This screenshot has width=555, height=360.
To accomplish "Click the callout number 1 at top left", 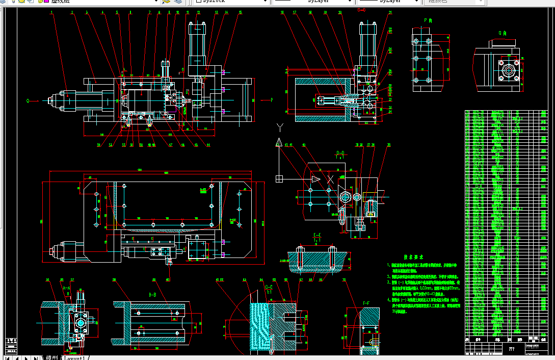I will pyautogui.click(x=52, y=12).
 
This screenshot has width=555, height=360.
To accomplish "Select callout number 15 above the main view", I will pyautogui.click(x=240, y=12).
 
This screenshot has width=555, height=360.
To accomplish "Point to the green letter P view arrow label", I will pyautogui.click(x=272, y=100).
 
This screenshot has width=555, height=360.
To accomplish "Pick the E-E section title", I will pyautogui.click(x=316, y=235).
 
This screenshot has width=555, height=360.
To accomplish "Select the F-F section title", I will pyautogui.click(x=366, y=303).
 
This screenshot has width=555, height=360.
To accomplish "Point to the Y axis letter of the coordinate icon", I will pyautogui.click(x=279, y=126).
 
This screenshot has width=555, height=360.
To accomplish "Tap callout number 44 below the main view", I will pyautogui.click(x=208, y=144).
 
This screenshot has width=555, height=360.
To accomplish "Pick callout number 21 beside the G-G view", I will pyautogui.click(x=390, y=12).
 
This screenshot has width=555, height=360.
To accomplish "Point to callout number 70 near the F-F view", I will pyautogui.click(x=344, y=280).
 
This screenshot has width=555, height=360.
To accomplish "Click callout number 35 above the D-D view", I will pyautogui.click(x=389, y=145).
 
